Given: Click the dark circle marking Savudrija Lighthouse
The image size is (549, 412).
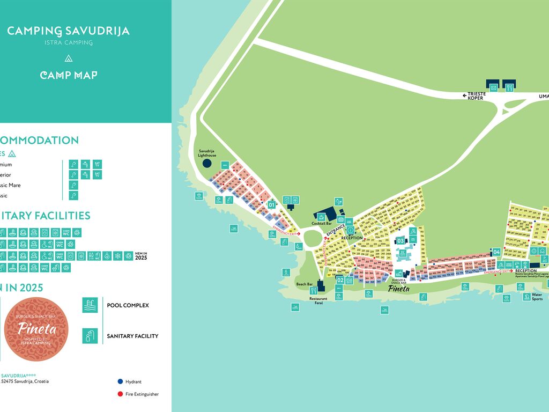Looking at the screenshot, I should (207, 163).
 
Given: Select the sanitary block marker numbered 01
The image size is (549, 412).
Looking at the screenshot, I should (271, 204).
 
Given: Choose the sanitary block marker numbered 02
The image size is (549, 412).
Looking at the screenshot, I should (340, 280).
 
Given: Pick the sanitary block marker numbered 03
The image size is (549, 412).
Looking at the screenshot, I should (400, 241).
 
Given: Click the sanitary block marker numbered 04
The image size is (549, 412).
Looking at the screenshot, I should (497, 252).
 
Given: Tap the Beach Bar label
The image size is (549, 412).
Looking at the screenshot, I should (304, 284).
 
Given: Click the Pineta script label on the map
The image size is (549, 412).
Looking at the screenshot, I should (398, 289).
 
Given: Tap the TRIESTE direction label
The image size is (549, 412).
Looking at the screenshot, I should (476, 94).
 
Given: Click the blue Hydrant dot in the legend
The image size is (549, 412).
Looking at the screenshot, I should (120, 381).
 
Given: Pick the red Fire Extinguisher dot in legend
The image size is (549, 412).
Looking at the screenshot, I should (120, 394).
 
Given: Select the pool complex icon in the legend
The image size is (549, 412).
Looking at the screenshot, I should (90, 305).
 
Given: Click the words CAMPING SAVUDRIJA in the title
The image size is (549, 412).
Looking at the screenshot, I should (68, 31).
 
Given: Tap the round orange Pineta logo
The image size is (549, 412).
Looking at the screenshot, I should (36, 329).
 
